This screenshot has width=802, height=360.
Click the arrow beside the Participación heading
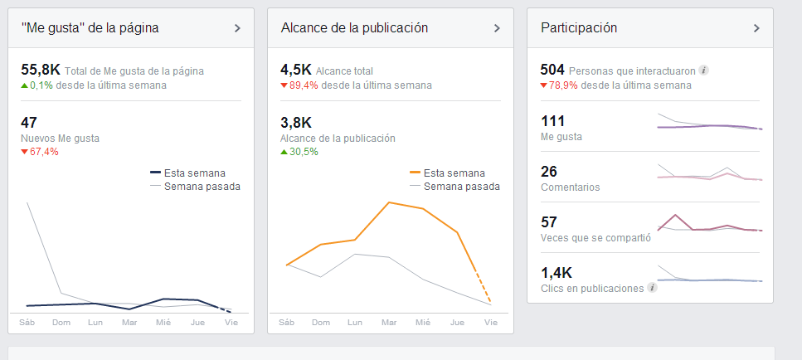[756, 28]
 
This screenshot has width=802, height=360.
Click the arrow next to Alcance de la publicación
[497, 28]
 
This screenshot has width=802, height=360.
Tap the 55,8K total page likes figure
[41, 71]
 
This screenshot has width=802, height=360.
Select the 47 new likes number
[29, 123]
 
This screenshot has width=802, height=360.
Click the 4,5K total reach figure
[296, 71]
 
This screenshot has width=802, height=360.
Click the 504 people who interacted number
[552, 70]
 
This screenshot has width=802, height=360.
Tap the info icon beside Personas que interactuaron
[703, 71]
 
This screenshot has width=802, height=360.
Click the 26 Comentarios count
[549, 172]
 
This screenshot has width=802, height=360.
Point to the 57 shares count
[549, 222]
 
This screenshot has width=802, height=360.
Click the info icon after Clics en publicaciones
[652, 288]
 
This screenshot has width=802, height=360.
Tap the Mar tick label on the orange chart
[388, 323]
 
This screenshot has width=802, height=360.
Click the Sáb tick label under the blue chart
[27, 323]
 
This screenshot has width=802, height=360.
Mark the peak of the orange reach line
[389, 202]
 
